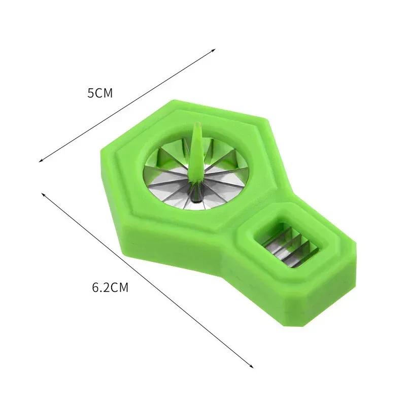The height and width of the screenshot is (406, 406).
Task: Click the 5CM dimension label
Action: pos(99,93)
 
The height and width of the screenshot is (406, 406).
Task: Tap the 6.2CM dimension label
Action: pos(110,288)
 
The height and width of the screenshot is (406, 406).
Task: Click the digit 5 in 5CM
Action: pos(90,93)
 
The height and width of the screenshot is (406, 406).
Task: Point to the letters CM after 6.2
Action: pos(120,288)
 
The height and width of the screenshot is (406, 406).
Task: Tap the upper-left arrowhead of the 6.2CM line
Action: pos(43,193)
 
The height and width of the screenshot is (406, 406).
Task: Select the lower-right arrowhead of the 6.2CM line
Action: pos(252,366)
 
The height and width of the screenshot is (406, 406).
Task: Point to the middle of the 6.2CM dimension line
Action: pos(147,280)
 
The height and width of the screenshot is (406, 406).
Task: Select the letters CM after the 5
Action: pos(105,93)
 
